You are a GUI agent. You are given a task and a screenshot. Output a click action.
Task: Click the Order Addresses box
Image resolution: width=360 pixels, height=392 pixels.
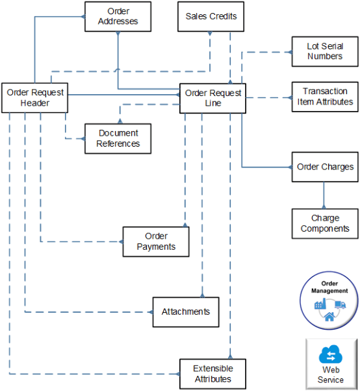[x=118, y=16]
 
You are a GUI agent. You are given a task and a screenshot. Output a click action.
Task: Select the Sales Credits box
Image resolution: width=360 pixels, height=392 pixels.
[x=211, y=16]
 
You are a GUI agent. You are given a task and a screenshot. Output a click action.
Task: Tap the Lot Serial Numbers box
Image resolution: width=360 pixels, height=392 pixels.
[x=324, y=51]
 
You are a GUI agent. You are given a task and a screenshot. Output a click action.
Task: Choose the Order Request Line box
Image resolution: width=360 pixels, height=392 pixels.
[x=212, y=98]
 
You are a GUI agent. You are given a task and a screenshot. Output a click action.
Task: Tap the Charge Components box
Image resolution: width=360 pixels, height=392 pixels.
[x=324, y=223]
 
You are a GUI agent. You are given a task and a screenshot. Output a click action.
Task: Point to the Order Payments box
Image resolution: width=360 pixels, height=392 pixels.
[x=156, y=241]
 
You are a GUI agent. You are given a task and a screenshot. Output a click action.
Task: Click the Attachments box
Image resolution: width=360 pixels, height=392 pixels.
[x=186, y=312]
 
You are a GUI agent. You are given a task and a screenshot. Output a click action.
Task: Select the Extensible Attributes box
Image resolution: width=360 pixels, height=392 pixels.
[x=212, y=374]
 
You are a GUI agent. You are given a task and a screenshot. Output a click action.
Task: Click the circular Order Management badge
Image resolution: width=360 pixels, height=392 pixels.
[x=329, y=301]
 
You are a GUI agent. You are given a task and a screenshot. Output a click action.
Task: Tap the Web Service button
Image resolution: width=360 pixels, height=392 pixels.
[x=330, y=363]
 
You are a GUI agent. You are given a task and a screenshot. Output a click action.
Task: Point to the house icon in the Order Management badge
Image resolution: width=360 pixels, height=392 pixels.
[x=329, y=317]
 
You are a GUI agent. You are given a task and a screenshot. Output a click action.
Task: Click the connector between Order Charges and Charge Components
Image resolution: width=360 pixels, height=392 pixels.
[x=324, y=195]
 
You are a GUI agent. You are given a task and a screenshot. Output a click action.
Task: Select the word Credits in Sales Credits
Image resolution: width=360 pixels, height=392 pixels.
[x=223, y=16]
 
